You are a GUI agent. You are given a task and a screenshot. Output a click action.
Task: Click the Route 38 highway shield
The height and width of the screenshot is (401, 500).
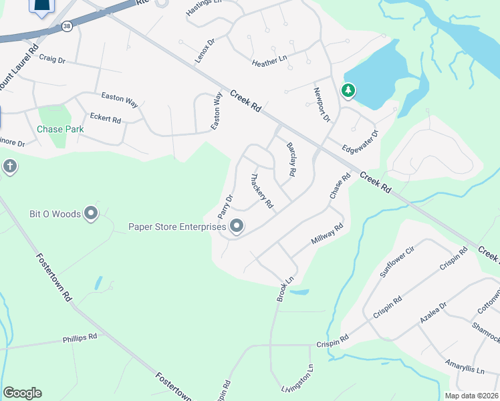click(66, 26)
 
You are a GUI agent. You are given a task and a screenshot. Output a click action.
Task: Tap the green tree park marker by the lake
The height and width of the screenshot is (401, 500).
click(348, 90)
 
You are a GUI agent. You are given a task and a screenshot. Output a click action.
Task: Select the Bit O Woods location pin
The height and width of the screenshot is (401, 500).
click(91, 214)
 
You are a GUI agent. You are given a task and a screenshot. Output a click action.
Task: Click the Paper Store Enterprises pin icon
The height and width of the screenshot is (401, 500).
click(237, 227)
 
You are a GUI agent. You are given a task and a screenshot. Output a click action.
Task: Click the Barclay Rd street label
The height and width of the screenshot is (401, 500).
click(291, 159)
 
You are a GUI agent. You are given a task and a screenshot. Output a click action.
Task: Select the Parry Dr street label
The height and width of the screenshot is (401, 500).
click(225, 207)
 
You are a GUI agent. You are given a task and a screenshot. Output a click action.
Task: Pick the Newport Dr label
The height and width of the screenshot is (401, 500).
click(322, 104)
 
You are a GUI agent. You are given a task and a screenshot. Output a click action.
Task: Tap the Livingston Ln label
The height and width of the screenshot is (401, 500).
click(297, 378)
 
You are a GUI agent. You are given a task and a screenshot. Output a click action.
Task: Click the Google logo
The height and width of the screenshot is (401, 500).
click(22, 393)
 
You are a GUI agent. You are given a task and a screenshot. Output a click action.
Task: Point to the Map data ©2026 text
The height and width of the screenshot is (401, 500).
click(472, 396)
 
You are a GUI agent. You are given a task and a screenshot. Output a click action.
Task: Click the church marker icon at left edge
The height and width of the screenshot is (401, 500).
click(9, 166)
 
